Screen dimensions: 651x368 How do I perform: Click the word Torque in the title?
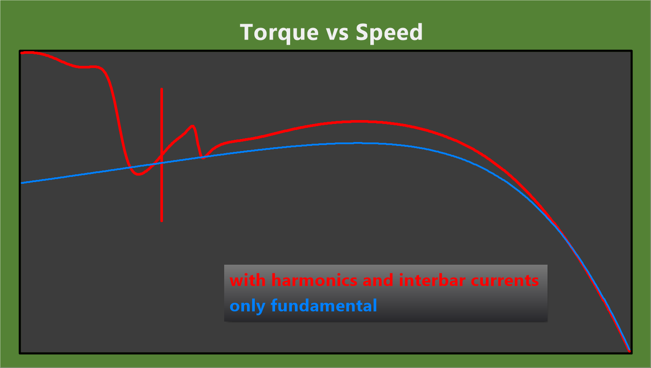click(279, 33)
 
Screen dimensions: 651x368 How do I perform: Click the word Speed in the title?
click(389, 33)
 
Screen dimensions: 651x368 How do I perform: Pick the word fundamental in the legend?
click(324, 306)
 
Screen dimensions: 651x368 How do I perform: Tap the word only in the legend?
click(247, 307)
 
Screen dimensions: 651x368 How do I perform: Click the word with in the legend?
click(247, 280)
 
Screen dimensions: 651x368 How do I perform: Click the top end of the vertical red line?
click(162, 89)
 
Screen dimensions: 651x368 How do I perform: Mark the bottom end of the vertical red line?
click(162, 221)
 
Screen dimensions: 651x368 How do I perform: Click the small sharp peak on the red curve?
click(193, 126)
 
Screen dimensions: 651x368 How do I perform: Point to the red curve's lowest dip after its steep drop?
click(138, 174)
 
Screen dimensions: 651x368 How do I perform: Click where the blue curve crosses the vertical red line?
click(162, 163)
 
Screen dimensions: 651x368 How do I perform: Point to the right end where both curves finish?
click(629, 351)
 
